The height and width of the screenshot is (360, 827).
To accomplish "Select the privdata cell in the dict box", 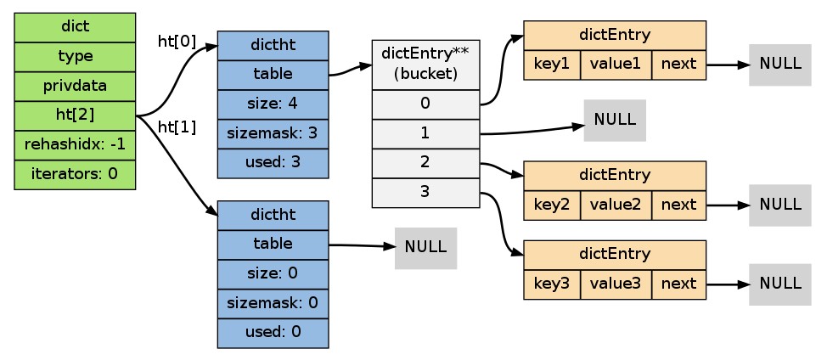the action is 75,86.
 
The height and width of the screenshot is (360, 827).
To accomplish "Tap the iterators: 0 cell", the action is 75,174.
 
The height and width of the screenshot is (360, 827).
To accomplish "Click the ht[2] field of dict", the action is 75,115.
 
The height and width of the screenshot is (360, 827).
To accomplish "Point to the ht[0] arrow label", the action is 177,42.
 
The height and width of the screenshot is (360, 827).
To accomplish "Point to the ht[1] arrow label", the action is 177,127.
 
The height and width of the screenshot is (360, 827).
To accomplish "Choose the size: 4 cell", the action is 273,104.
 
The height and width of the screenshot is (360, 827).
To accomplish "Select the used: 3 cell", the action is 273,163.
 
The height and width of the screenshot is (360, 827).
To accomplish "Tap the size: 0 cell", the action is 273,274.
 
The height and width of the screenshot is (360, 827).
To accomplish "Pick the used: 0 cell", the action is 273,333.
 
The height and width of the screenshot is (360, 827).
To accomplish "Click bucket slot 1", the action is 425,134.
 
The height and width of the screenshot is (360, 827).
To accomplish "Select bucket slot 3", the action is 425,193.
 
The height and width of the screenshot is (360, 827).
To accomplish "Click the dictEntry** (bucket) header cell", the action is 425,65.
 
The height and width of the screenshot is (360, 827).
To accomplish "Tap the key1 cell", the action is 552,65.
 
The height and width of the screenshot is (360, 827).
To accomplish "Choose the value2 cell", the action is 616,205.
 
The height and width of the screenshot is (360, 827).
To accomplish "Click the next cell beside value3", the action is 678,284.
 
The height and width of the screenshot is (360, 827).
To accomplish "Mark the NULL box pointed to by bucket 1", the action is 615,121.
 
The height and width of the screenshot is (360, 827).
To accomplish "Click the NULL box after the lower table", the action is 425,248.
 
